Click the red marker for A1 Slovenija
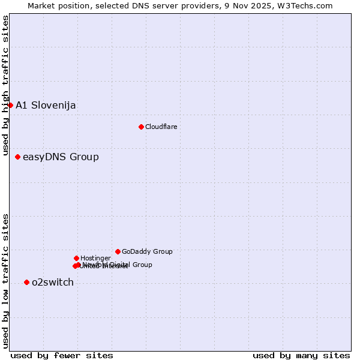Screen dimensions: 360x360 10,105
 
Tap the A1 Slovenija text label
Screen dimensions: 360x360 46,106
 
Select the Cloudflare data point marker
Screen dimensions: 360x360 141,127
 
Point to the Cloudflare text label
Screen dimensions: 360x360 161,127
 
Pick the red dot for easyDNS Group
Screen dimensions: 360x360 17,157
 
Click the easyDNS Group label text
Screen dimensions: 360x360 61,157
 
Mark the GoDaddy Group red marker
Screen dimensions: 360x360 118,251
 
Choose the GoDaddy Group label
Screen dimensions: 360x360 147,251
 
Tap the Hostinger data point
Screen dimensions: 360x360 76,258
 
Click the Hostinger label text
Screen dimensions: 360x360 95,258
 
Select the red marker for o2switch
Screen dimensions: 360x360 26,282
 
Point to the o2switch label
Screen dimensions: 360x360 53,283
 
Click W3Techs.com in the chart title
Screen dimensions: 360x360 311,6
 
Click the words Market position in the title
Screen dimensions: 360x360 56,6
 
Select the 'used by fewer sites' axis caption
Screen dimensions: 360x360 62,355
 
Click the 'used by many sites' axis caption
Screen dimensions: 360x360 301,355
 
